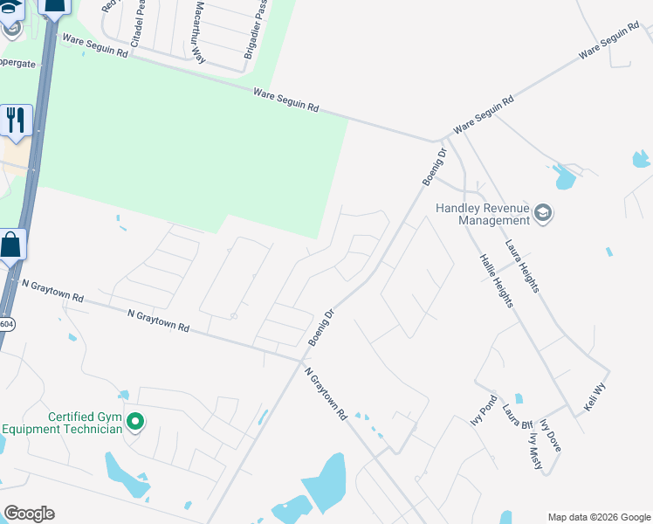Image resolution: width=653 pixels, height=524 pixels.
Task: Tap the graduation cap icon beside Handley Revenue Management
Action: point(544,213)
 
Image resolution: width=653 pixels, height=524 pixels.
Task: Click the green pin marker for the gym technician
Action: point(134,423)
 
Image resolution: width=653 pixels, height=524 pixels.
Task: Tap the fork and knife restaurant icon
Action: point(16,121)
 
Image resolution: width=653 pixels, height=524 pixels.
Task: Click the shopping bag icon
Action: point(11,245)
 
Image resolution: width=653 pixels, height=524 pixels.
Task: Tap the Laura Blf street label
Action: point(517,417)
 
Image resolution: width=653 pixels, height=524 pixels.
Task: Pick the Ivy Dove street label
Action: point(550,435)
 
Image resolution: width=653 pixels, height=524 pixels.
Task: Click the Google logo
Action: point(29,514)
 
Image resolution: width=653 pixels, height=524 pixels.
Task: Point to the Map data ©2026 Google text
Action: point(598,517)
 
